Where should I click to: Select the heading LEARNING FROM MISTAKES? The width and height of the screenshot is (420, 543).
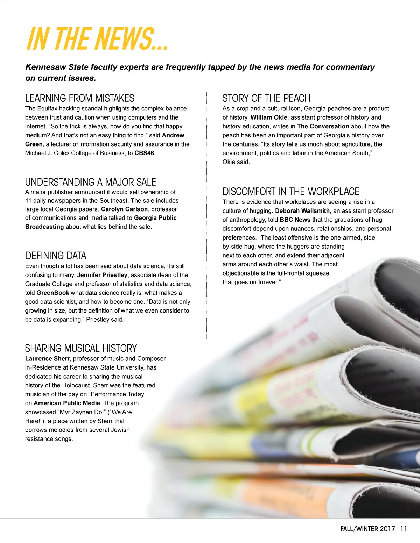(x=80, y=98)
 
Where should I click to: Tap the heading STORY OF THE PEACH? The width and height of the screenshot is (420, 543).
(x=266, y=98)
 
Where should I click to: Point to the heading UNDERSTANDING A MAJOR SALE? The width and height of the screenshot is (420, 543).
(x=90, y=182)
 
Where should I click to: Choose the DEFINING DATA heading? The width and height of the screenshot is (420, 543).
(x=56, y=256)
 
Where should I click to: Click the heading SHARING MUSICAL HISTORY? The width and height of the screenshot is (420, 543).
(x=81, y=348)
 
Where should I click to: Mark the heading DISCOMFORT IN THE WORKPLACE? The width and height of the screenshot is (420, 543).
(x=291, y=192)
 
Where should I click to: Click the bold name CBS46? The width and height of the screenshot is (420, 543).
(x=144, y=153)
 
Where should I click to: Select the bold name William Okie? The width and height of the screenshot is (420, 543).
(x=269, y=117)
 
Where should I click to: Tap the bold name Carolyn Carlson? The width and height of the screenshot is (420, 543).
(x=124, y=209)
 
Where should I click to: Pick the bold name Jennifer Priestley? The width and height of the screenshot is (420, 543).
(x=102, y=275)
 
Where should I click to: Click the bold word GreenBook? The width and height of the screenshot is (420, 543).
(x=53, y=293)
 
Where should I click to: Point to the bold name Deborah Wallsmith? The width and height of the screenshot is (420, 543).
(x=302, y=211)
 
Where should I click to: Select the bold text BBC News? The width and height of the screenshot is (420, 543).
(x=295, y=220)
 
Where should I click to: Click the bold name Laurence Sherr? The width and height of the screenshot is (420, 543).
(x=47, y=359)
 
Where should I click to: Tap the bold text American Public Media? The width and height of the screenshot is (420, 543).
(x=67, y=403)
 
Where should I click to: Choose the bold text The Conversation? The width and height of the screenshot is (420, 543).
(x=323, y=127)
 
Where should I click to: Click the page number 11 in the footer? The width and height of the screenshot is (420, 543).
(x=404, y=529)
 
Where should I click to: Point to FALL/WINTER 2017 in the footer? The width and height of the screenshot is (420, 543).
(x=368, y=529)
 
